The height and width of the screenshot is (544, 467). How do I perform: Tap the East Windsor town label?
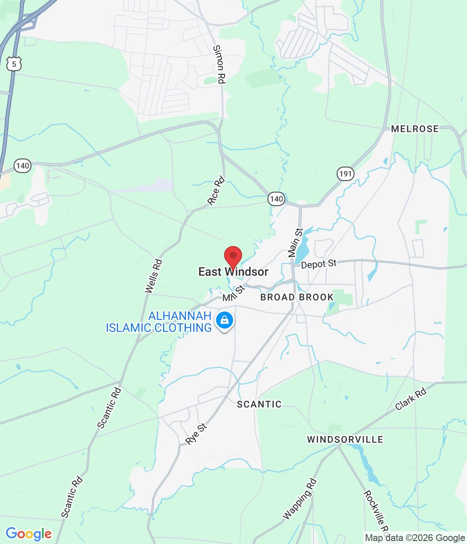[233, 272]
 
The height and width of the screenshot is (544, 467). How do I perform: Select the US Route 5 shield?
[14, 64]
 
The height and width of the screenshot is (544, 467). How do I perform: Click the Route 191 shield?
[346, 173]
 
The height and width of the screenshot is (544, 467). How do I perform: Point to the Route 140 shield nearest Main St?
[276, 198]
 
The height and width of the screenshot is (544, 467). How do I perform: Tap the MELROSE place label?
[415, 129]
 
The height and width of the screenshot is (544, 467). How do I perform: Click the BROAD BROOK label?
[297, 297]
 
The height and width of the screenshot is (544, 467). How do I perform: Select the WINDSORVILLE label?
[345, 439]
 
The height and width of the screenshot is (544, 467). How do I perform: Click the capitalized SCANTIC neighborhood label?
[259, 404]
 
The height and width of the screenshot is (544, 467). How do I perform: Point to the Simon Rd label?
[219, 64]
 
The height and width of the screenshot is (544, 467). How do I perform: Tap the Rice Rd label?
[216, 191]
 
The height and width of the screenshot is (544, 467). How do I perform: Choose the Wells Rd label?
[154, 276]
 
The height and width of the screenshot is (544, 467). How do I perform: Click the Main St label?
[295, 243]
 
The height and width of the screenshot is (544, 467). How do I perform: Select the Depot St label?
[318, 264]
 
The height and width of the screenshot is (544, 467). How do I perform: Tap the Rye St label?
[196, 434]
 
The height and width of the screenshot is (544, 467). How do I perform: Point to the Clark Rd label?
[411, 399]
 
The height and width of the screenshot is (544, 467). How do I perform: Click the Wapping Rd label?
[300, 499]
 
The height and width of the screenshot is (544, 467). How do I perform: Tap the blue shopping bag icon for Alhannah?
[225, 320]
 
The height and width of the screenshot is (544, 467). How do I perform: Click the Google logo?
[28, 534]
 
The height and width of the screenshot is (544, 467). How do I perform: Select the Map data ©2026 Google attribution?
[415, 538]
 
